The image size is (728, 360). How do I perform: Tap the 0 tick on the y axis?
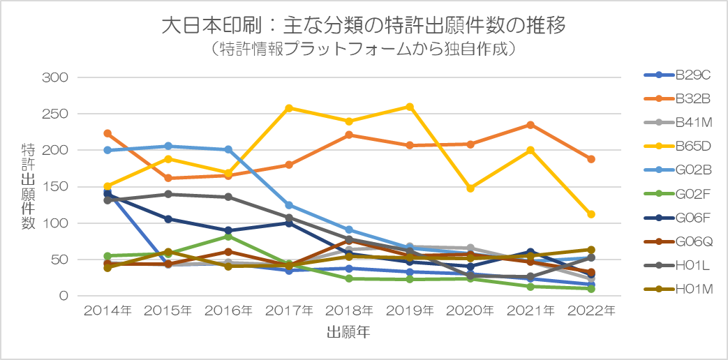tap(63, 297)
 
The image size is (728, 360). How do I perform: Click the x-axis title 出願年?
tap(348, 333)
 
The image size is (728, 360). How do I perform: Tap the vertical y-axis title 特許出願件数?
tap(28, 187)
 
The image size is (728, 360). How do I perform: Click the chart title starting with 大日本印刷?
tap(363, 27)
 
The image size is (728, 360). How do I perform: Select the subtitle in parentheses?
tap(363, 50)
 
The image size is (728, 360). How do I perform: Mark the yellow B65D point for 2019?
tap(410, 107)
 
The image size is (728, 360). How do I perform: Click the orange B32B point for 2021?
tap(530, 125)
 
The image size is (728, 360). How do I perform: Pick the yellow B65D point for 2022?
tap(591, 214)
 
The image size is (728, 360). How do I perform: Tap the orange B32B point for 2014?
tap(107, 133)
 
